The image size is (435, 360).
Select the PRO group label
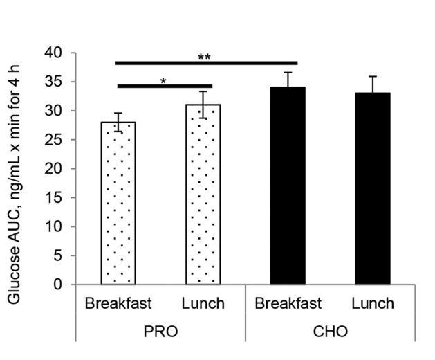pos(160,332)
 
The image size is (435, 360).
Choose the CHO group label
pos(330,332)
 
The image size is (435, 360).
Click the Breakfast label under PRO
pos(118,303)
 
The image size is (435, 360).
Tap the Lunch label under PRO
pos(203,303)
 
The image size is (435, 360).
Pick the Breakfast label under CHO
pos(288,303)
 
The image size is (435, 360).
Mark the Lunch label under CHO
pos(373,303)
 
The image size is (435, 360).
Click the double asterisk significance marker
pos(204,57)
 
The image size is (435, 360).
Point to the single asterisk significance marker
pos(163,81)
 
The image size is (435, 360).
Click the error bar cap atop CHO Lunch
pos(373,76)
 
